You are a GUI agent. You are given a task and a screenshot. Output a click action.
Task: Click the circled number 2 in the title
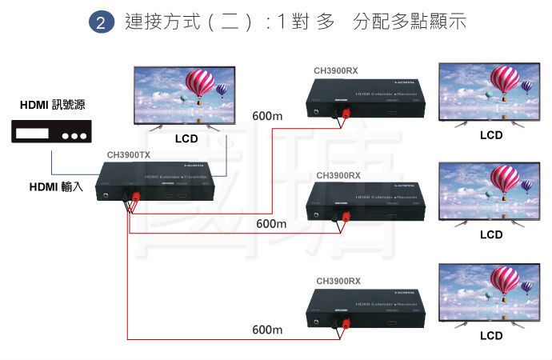coord(100,23)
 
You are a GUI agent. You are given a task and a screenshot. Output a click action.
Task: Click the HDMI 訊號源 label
coord(53,105)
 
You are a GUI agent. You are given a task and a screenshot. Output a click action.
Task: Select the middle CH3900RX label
coord(338,175)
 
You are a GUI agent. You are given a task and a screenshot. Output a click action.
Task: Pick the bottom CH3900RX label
coord(338,282)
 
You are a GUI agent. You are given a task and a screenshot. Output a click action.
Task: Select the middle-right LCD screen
coord(491,192)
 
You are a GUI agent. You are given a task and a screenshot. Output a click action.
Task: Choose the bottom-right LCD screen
coord(491,292)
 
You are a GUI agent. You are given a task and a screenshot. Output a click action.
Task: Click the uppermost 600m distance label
coord(267,117)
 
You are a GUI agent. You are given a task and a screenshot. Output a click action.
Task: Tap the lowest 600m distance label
coord(268,330)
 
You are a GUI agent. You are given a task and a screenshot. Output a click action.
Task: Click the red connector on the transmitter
coord(135,196)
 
